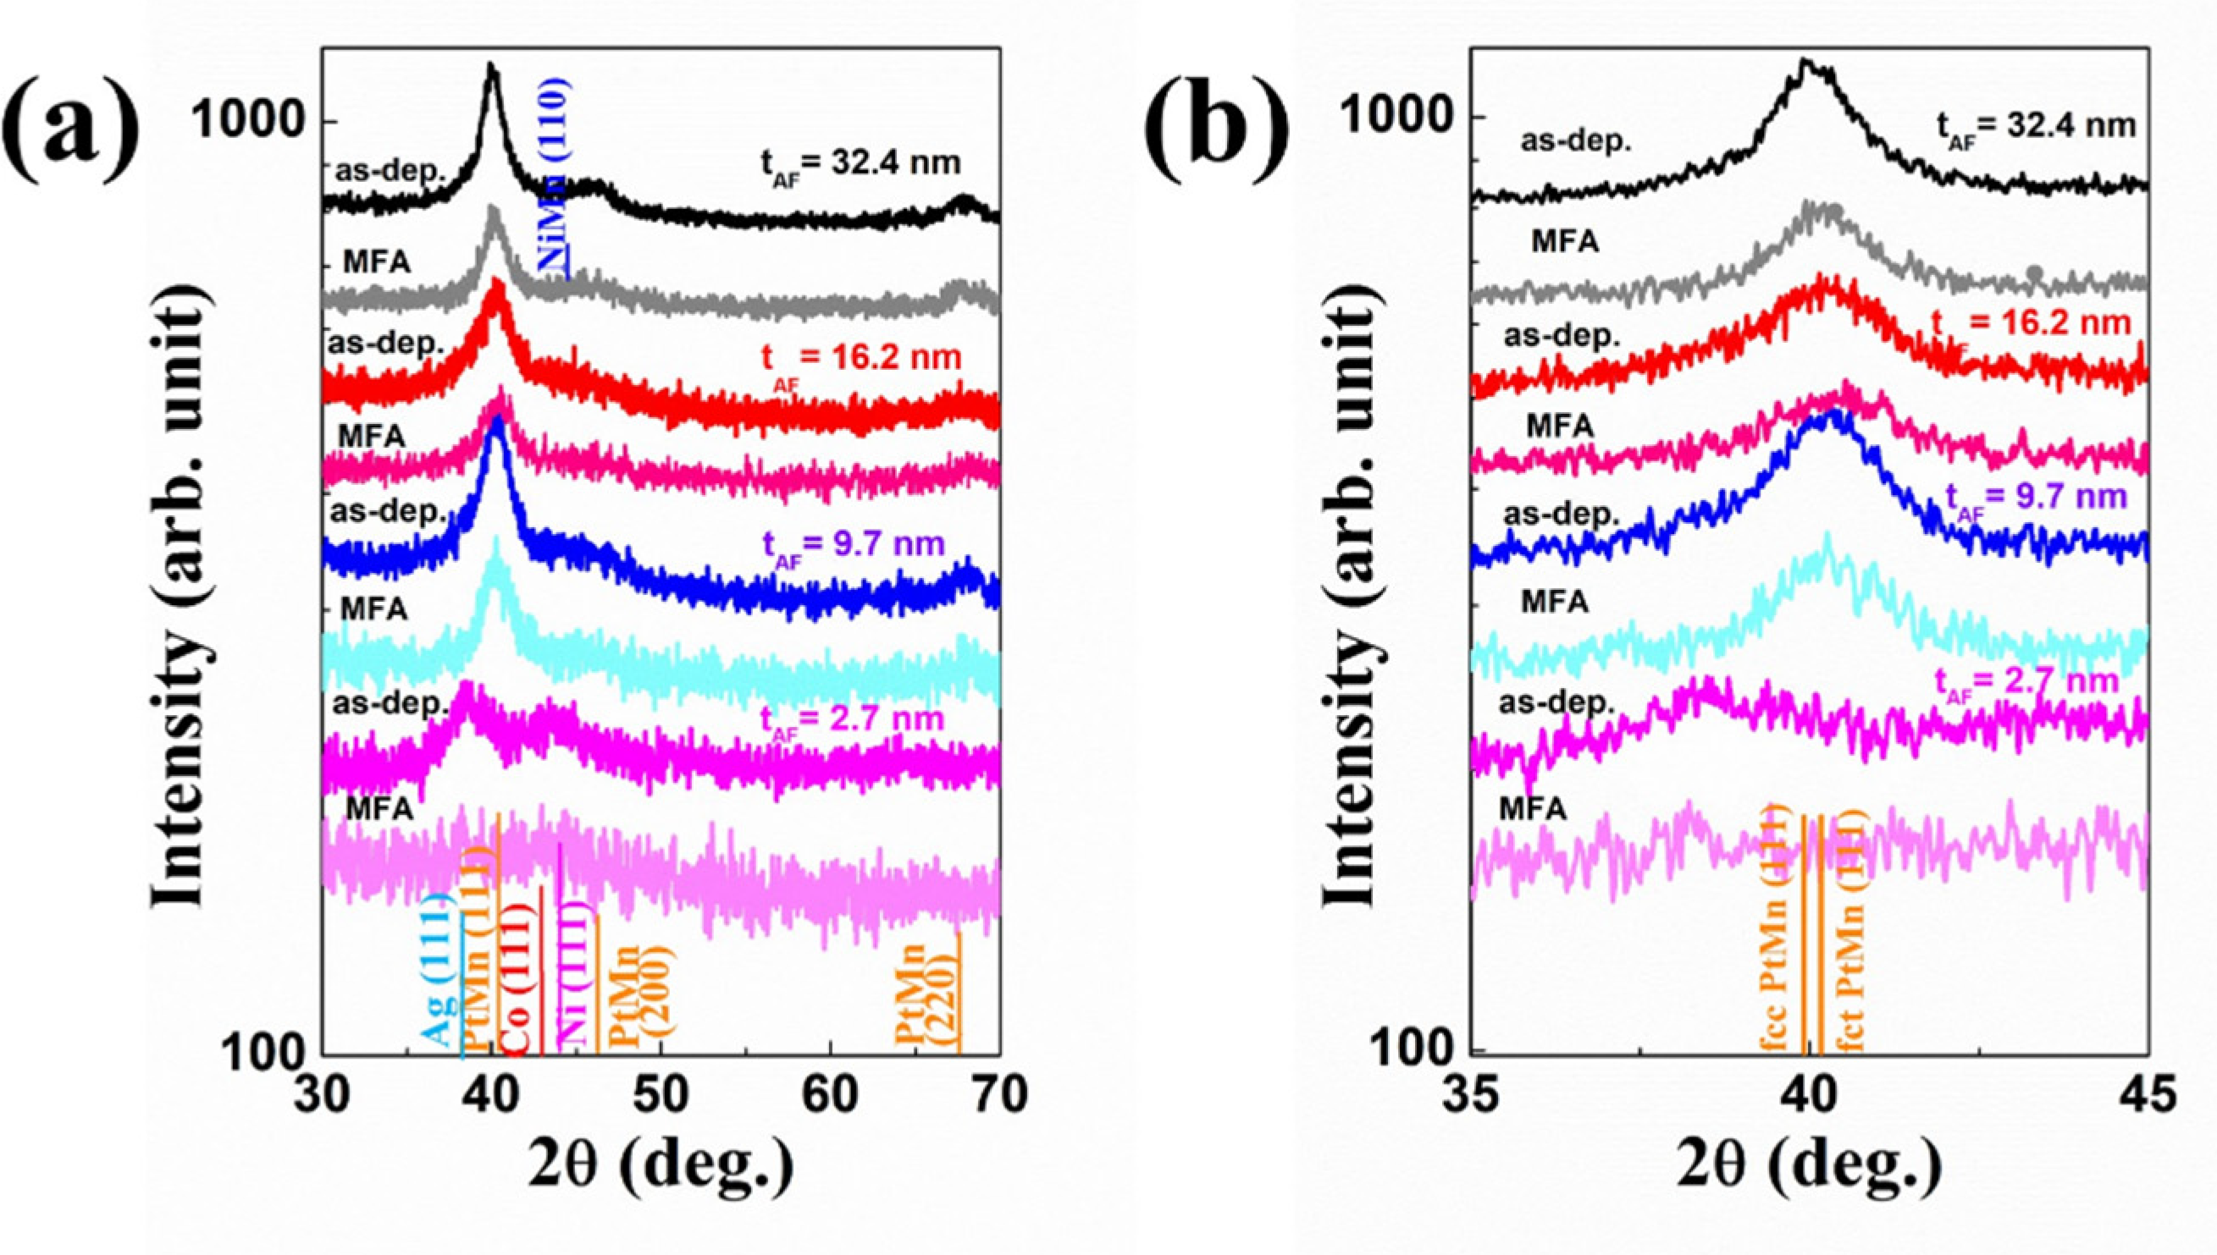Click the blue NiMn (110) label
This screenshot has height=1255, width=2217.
(553, 176)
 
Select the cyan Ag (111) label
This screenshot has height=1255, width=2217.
(438, 970)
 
